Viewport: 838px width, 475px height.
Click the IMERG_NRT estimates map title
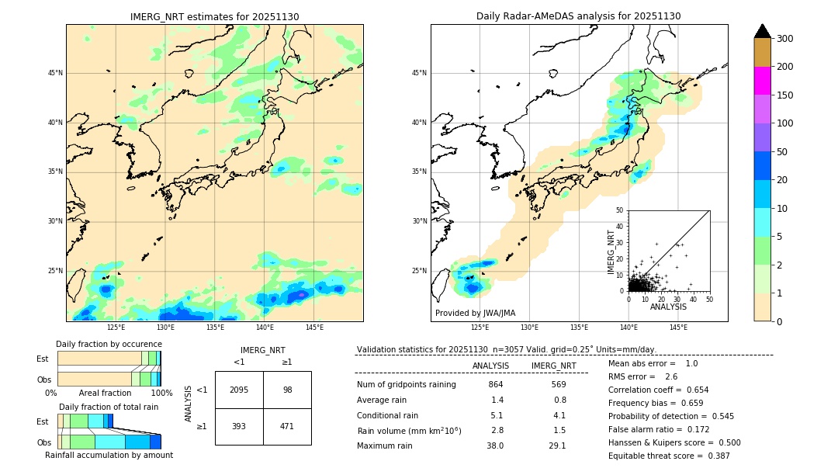[214, 16]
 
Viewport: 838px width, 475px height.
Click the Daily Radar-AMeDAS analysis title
[578, 16]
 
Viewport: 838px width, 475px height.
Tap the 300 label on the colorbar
[785, 39]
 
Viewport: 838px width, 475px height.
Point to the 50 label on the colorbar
[782, 152]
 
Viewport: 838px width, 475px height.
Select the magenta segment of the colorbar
[763, 81]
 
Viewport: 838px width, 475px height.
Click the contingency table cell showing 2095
[239, 390]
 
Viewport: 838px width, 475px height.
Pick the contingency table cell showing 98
[287, 390]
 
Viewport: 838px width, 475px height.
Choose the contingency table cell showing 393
[239, 426]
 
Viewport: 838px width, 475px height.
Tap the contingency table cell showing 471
[287, 426]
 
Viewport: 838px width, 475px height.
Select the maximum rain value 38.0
[495, 446]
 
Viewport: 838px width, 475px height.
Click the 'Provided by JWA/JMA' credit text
[475, 313]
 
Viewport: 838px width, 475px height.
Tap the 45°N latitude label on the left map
[55, 73]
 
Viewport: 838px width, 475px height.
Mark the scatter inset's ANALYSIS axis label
[669, 307]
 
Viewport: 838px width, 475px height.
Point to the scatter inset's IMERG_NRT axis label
[611, 251]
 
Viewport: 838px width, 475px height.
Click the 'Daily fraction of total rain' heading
[109, 407]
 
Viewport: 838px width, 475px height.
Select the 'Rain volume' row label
[409, 431]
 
